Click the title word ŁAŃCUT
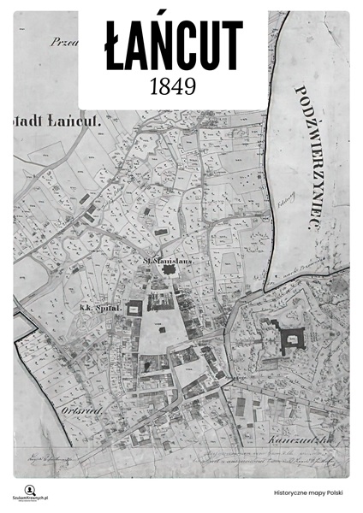[x=175, y=45]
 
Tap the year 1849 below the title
[x=173, y=86]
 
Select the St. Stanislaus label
[x=166, y=254]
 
